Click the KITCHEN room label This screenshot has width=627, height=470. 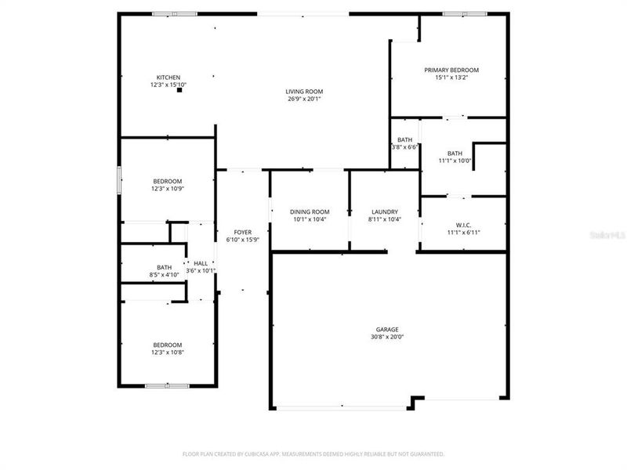pos(169,77)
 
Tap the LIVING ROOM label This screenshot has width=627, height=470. pos(304,92)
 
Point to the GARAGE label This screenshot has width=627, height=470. pos(386,329)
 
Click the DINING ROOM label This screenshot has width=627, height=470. pos(310,211)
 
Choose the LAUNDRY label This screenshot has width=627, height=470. pos(384,211)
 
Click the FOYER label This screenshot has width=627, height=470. pos(243,232)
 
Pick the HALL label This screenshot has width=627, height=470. pos(201,263)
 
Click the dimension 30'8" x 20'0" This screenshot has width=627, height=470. pos(386,337)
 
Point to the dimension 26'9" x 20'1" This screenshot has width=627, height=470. pos(304,99)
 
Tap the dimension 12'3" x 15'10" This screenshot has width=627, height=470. pos(169,85)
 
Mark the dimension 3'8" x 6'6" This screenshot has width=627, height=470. pos(404,146)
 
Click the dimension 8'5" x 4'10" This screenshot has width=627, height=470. pos(164,274)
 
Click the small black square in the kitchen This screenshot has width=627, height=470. pos(179,91)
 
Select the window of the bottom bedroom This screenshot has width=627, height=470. pos(167,385)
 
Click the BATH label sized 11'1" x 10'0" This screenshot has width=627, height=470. pos(455,154)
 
